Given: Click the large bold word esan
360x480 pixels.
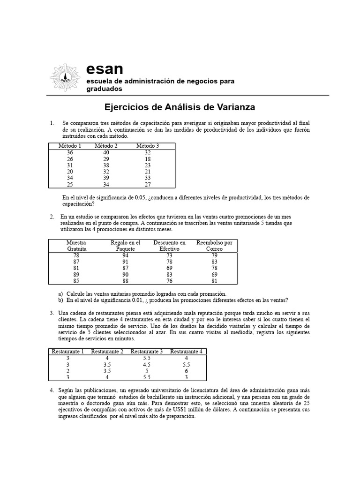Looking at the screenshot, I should (105, 69).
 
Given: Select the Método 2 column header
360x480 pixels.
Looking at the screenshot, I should (106, 146).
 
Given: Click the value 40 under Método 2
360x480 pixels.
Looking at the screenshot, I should (106, 152).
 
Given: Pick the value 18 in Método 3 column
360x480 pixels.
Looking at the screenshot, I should (148, 159).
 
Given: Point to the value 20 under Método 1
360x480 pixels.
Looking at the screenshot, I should (70, 172).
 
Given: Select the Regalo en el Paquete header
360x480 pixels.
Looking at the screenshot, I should (125, 246).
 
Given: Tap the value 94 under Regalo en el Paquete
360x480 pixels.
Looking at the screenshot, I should (125, 255).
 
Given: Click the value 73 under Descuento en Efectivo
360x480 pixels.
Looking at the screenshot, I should (169, 255).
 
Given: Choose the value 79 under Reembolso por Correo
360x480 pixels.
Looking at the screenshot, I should (214, 255).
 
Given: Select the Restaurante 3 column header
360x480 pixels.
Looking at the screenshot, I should (147, 352).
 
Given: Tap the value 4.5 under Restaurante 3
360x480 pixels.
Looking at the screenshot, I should (147, 364).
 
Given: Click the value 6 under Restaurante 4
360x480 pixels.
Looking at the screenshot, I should (186, 370).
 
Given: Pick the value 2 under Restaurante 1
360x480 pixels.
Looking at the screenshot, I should (68, 370).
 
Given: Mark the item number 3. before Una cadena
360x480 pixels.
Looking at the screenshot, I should (52, 313).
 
